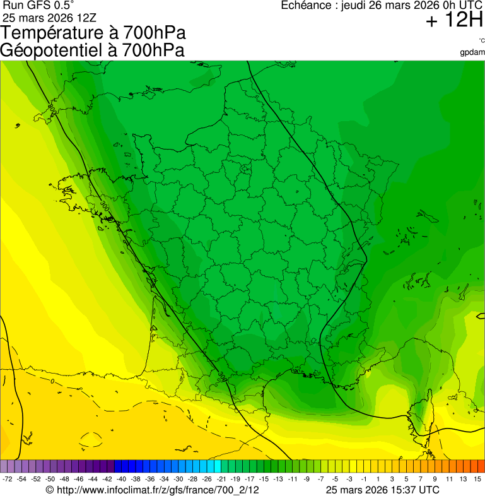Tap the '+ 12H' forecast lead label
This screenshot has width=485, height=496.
tap(454, 21)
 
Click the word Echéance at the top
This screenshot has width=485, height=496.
tap(308, 6)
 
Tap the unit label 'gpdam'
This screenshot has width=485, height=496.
tap(472, 52)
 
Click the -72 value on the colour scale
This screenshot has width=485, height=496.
tap(8, 480)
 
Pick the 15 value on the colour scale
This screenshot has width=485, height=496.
tap(478, 480)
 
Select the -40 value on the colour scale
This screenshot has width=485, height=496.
tap(122, 480)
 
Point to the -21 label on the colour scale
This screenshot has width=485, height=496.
tap(222, 480)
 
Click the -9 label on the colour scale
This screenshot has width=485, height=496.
tap(307, 480)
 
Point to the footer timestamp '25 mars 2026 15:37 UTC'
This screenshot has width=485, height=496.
tap(383, 490)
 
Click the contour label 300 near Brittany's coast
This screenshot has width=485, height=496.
tap(105, 206)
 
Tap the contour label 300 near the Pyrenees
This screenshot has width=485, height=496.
tap(221, 377)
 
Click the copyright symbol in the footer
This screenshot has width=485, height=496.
tap(50, 490)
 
